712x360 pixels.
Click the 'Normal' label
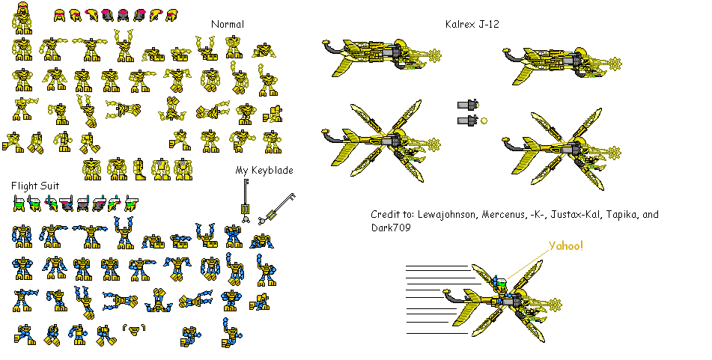tap(228, 24)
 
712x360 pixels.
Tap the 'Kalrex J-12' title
tap(472, 24)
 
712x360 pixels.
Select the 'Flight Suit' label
tap(35, 186)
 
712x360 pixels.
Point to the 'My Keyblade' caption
tap(264, 170)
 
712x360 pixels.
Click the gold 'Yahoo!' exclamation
tap(566, 246)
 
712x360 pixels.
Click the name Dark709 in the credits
tap(391, 228)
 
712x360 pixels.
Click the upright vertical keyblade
tap(246, 201)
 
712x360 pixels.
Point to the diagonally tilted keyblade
tap(276, 209)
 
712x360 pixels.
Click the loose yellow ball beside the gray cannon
tap(484, 120)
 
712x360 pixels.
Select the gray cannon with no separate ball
tap(468, 105)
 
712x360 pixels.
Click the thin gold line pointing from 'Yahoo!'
tap(528, 264)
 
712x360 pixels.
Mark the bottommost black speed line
tap(436, 333)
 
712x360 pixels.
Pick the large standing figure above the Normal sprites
tap(22, 18)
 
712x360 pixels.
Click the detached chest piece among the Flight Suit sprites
tap(134, 329)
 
